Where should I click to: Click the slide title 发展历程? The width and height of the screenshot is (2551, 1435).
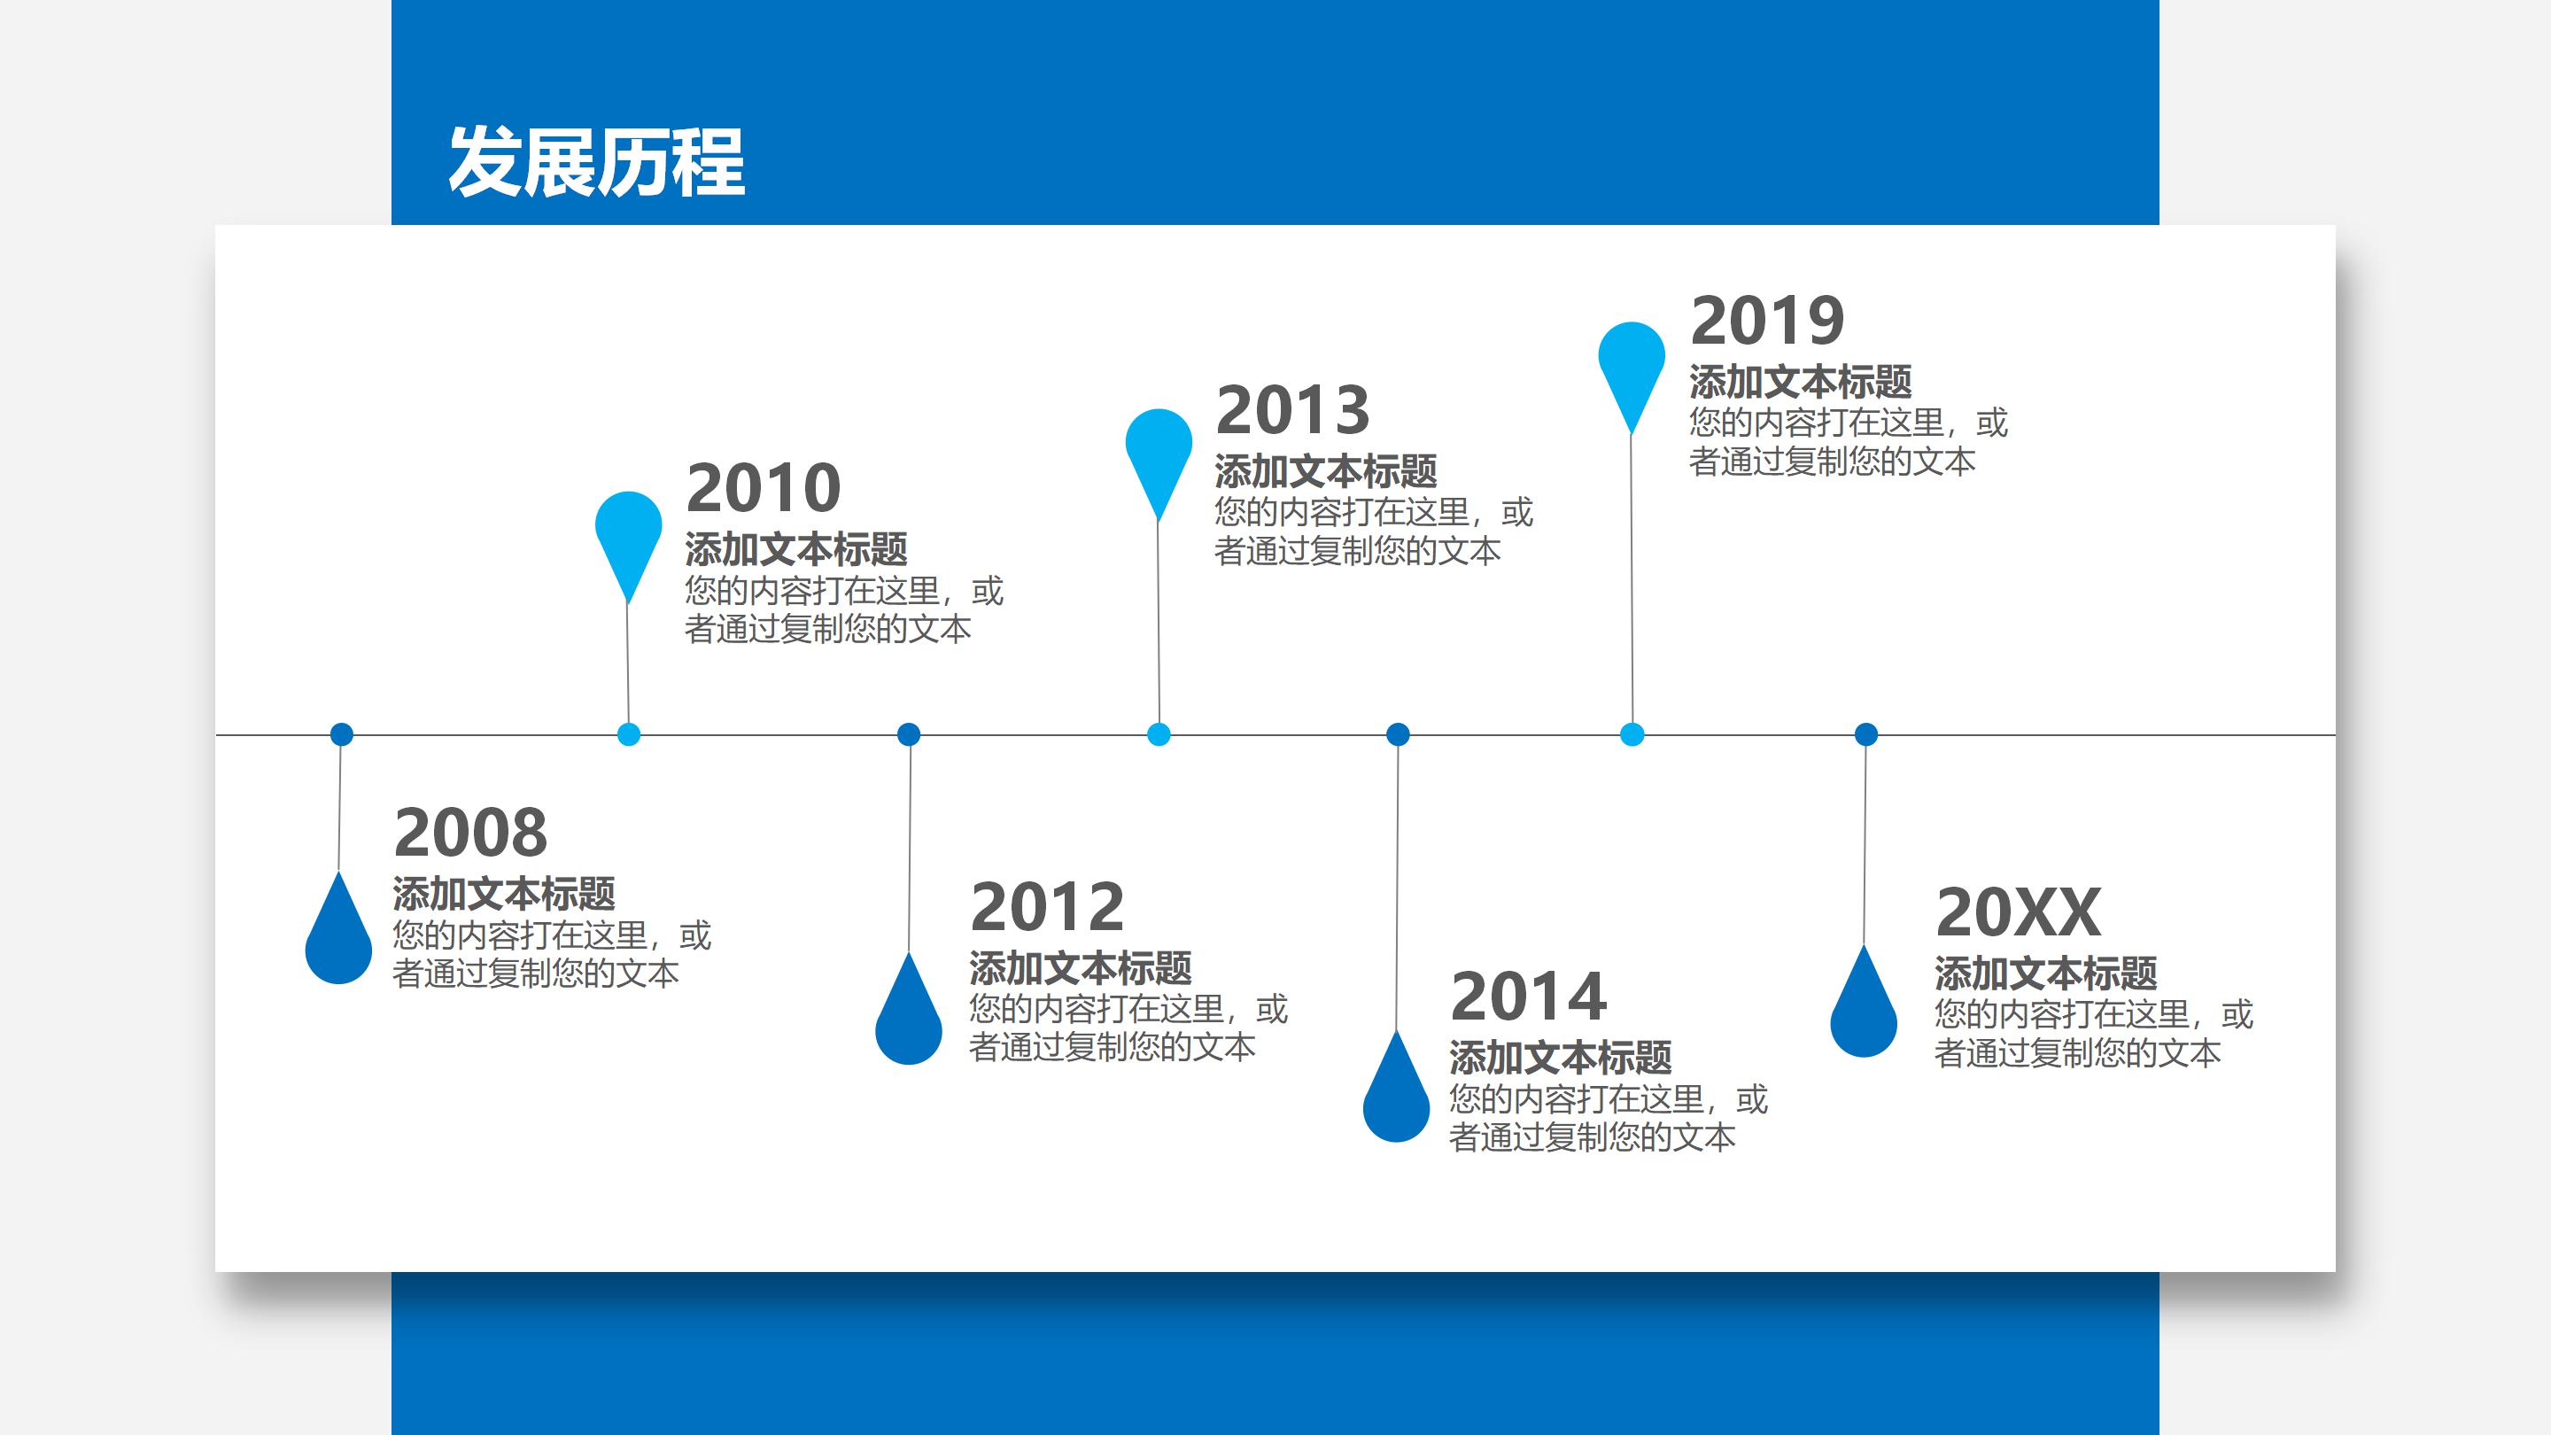point(596,161)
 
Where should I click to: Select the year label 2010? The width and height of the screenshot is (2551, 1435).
point(764,487)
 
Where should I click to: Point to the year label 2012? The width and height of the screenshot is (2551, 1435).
point(1048,906)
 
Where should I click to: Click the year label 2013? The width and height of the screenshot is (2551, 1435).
point(1292,410)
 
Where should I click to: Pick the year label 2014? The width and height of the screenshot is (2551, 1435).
point(1528,997)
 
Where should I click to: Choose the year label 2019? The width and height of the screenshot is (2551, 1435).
point(1768,320)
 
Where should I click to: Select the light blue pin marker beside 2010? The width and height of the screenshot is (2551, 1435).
point(628,535)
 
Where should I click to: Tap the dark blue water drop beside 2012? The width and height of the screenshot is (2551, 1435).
point(909,1020)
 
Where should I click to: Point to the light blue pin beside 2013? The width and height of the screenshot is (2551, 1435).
point(1159,453)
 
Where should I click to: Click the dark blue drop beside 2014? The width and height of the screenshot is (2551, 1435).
point(1396,1098)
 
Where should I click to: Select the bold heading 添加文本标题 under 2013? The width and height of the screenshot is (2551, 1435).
point(1325,471)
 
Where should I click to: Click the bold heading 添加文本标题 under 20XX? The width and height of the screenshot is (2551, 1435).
point(2046,973)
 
